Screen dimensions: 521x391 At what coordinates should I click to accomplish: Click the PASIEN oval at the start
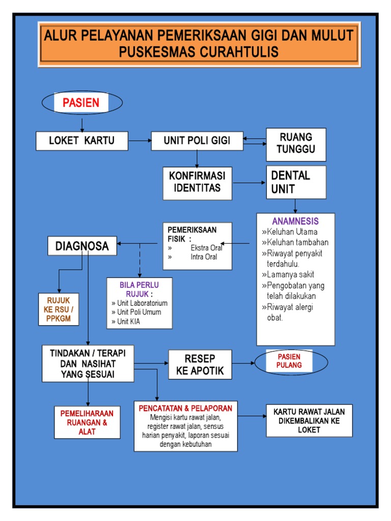tap(81, 103)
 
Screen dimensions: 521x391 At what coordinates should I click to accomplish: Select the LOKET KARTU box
tap(81, 141)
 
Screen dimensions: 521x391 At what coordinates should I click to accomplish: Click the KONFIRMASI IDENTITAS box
tap(197, 182)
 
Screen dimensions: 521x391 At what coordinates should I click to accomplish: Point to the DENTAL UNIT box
tap(296, 182)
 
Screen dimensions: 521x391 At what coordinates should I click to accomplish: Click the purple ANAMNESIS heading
tap(295, 221)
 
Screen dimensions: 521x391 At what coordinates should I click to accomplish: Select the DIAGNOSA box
tap(82, 246)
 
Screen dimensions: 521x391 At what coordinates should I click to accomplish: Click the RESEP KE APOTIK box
tap(200, 364)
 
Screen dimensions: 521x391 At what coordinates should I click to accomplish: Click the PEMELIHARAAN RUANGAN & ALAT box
tap(87, 421)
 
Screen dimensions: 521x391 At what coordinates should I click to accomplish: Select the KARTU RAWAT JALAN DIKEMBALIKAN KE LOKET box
tap(309, 421)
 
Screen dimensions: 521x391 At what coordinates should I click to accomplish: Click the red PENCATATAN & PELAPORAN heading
tap(185, 408)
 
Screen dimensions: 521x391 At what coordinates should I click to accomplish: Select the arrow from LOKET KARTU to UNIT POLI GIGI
tap(139, 140)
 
